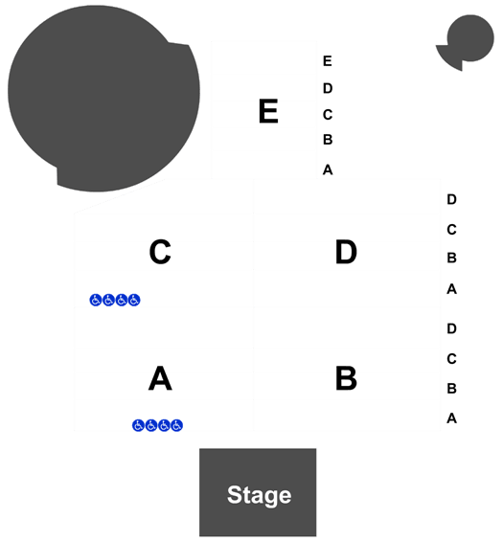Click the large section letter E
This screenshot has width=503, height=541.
point(268,111)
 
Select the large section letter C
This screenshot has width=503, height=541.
point(160,252)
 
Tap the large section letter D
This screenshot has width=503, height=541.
point(346,252)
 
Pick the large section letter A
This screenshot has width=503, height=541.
point(160,378)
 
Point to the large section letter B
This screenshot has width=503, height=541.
point(346,378)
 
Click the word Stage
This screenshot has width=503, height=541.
point(259,495)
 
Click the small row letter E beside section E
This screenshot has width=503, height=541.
point(328,61)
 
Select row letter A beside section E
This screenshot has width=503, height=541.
point(328,169)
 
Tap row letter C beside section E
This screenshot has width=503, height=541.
point(328,115)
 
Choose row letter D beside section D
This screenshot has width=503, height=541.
point(451,199)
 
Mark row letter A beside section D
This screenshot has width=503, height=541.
point(451,289)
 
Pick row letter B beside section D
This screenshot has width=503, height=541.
point(451,258)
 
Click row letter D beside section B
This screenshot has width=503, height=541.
point(451,328)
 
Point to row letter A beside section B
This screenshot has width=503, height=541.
point(451,418)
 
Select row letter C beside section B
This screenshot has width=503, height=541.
point(451,359)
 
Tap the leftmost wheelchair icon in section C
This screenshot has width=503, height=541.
point(96,300)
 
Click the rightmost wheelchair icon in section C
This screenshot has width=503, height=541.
point(134,300)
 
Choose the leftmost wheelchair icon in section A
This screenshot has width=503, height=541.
point(138,425)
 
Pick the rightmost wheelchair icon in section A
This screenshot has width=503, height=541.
point(176,425)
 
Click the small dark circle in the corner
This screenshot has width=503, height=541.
point(469,38)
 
